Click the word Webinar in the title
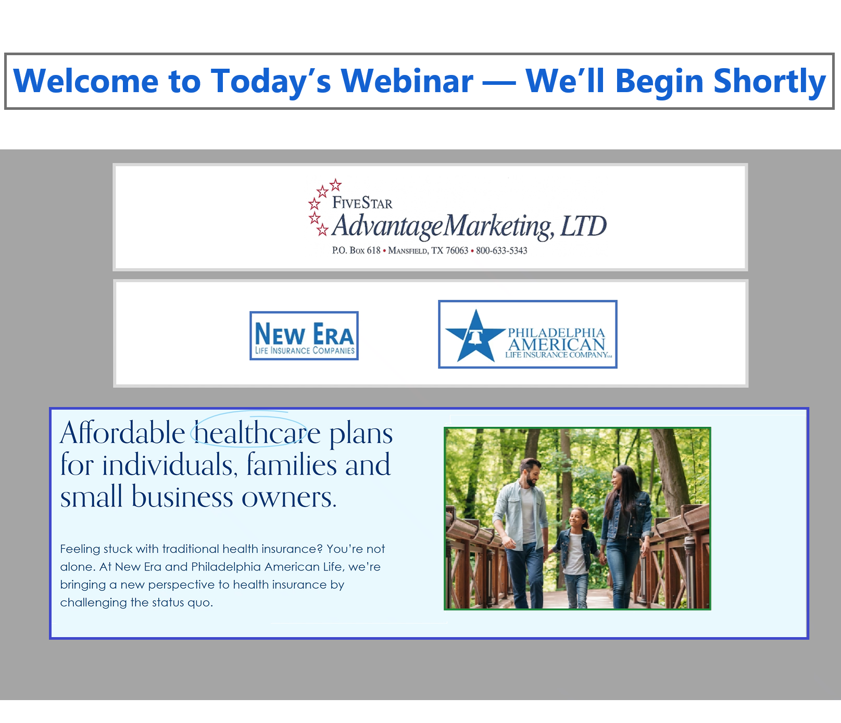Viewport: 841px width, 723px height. (407, 81)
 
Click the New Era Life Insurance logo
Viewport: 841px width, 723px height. (304, 336)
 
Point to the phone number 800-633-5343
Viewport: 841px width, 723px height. (501, 251)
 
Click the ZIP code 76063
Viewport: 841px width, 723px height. (457, 251)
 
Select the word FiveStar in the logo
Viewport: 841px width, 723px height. (362, 202)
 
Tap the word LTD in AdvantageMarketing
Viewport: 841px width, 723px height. (583, 226)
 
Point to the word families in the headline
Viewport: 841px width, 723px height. (292, 465)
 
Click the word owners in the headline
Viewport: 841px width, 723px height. (289, 498)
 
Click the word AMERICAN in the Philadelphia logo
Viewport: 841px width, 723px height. (557, 345)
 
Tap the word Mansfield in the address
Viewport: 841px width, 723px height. (408, 251)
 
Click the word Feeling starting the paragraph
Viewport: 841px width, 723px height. (80, 550)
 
